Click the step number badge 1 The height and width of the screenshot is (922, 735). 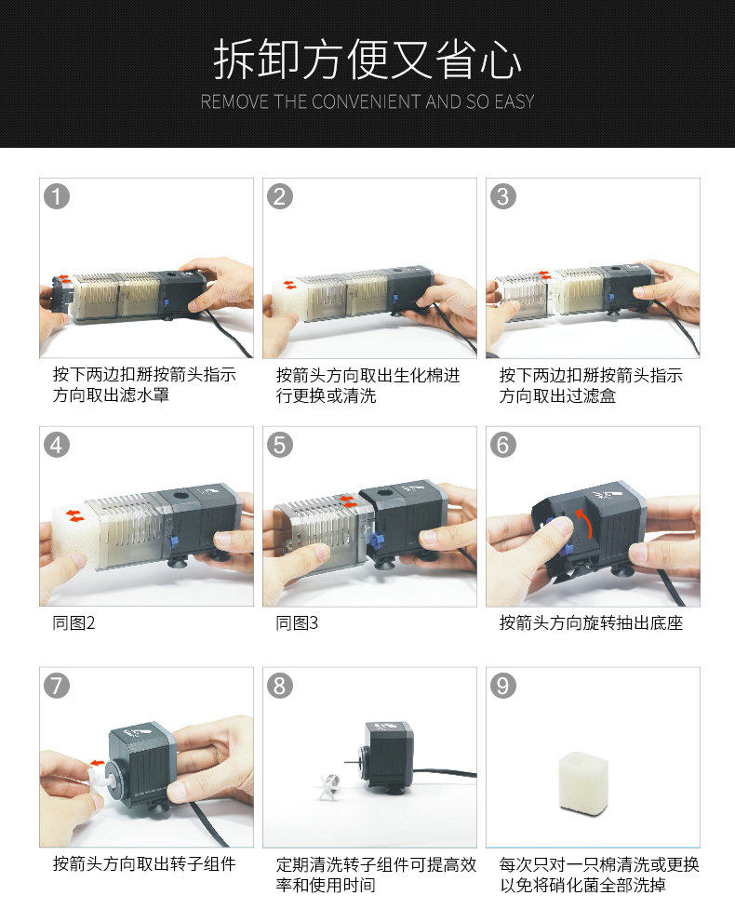click(57, 196)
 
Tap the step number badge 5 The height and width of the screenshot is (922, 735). click(280, 445)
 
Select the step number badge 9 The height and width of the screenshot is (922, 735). click(503, 686)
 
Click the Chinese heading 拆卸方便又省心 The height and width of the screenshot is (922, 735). click(367, 60)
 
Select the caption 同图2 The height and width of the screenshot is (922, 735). click(73, 622)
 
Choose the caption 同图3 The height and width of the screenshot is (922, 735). click(297, 622)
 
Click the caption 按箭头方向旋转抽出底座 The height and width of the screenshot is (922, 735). click(591, 622)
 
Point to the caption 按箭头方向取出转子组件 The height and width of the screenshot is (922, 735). click(144, 863)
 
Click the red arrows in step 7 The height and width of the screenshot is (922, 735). click(97, 763)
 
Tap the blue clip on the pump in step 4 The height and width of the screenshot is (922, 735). click(174, 541)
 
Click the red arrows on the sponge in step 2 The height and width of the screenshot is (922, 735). click(289, 286)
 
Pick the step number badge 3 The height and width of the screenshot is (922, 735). click(503, 196)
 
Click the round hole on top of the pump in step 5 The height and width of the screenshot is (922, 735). click(385, 493)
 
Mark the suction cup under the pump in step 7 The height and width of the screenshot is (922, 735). click(157, 809)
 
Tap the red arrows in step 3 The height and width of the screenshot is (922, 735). click(544, 274)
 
